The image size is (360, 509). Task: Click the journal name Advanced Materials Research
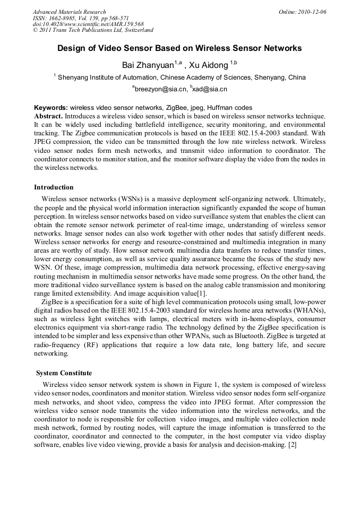coord(69,12)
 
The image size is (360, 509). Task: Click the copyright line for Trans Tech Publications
coord(93,30)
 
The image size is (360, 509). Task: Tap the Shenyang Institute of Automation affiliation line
coord(181,77)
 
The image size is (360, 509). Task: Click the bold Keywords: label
coord(51,107)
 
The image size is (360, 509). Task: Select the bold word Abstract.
coord(48,115)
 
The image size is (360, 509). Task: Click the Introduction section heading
coord(54,187)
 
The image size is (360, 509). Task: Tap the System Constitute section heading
coord(64,373)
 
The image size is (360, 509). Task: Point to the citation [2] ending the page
coord(292,444)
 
